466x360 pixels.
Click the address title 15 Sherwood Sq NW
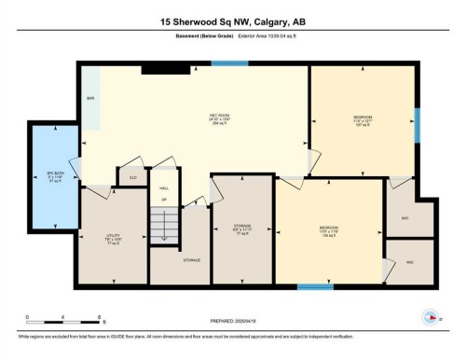(x=233, y=21)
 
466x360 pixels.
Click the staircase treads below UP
(x=164, y=226)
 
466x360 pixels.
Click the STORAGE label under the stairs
(x=192, y=260)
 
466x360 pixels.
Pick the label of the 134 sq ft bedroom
(x=329, y=229)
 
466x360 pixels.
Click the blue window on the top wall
(x=223, y=64)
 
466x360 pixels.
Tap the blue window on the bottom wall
(x=315, y=286)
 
